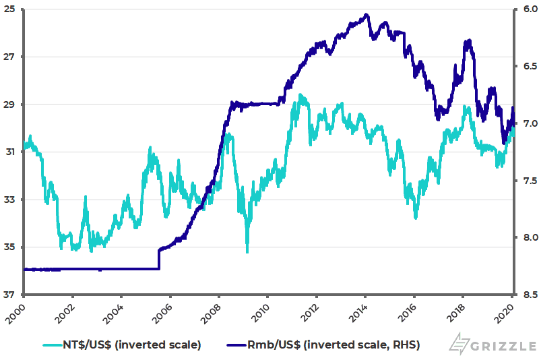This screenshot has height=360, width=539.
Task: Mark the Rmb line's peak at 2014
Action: (365, 14)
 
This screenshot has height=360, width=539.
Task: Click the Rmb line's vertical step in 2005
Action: (159, 259)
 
